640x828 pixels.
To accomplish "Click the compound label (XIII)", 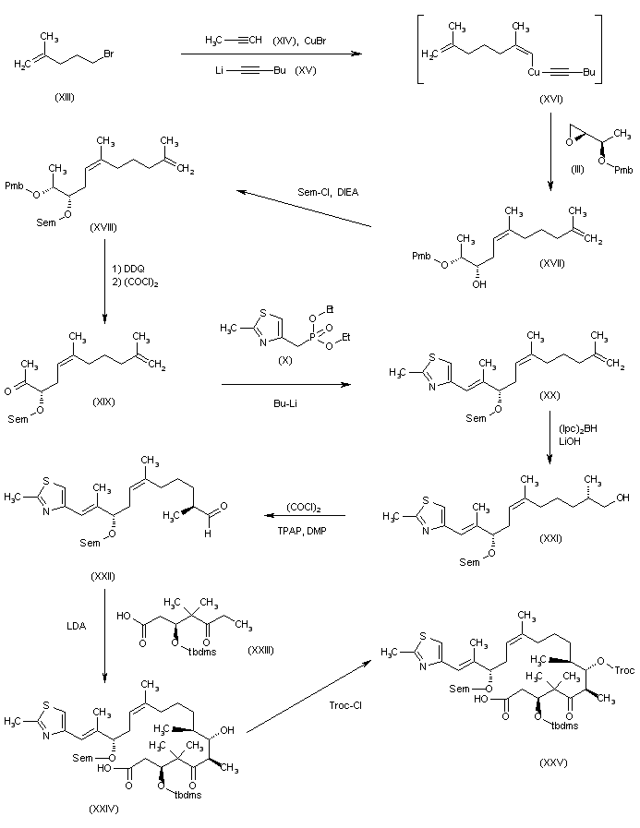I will coord(60,95).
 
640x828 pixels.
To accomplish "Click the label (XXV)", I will coord(536,762).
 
